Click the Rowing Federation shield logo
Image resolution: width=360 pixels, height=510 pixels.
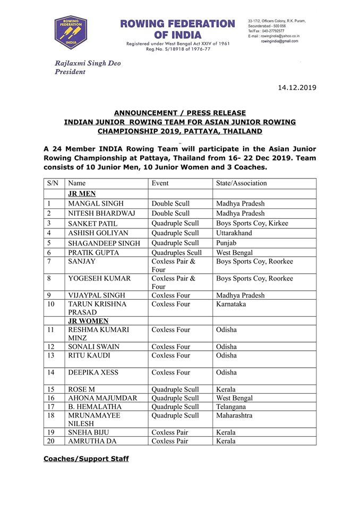[71, 32]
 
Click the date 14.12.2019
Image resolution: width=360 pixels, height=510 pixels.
[297, 87]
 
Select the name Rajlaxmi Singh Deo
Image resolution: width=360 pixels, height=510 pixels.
[88, 63]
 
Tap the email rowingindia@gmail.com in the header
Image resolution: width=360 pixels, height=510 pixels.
[279, 41]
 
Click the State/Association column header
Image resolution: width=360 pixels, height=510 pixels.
[242, 183]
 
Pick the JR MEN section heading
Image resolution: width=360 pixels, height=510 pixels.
[82, 194]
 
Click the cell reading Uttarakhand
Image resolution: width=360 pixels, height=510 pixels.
[234, 233]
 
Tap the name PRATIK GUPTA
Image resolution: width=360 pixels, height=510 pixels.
[93, 253]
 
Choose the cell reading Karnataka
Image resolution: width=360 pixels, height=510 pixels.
[232, 304]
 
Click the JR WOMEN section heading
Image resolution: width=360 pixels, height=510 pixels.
[88, 321]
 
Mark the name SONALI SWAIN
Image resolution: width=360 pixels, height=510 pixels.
[93, 347]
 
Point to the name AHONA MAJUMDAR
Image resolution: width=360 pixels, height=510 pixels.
[102, 398]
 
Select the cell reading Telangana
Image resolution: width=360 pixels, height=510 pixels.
[232, 406]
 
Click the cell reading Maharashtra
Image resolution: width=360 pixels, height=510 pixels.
[235, 415]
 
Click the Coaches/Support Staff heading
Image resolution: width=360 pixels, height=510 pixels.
[86, 458]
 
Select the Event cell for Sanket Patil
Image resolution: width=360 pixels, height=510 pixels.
[175, 223]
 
